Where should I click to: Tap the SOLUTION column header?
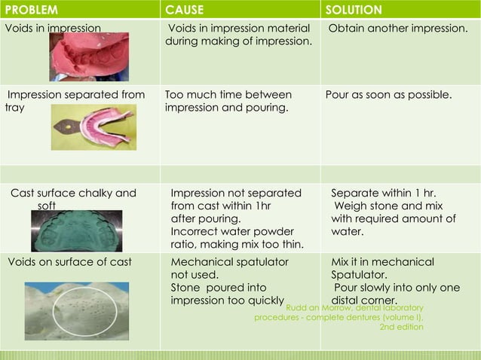pyautogui.click(x=353, y=11)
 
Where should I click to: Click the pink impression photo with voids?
pyautogui.click(x=89, y=57)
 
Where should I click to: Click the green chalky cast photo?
pyautogui.click(x=76, y=230)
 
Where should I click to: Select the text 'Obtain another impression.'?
pyautogui.click(x=397, y=29)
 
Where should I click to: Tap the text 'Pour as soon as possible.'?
pyautogui.click(x=388, y=96)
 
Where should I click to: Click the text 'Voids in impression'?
pyautogui.click(x=53, y=29)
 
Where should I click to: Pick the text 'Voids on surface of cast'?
pyautogui.click(x=69, y=262)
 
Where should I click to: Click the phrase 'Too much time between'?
pyautogui.click(x=228, y=96)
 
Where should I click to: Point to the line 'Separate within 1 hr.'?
pyautogui.click(x=384, y=193)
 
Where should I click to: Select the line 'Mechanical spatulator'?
pyautogui.click(x=229, y=262)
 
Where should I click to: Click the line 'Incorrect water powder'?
pyautogui.click(x=232, y=231)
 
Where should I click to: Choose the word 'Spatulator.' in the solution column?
pyautogui.click(x=359, y=275)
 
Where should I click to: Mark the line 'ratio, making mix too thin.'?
pyautogui.click(x=237, y=244)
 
